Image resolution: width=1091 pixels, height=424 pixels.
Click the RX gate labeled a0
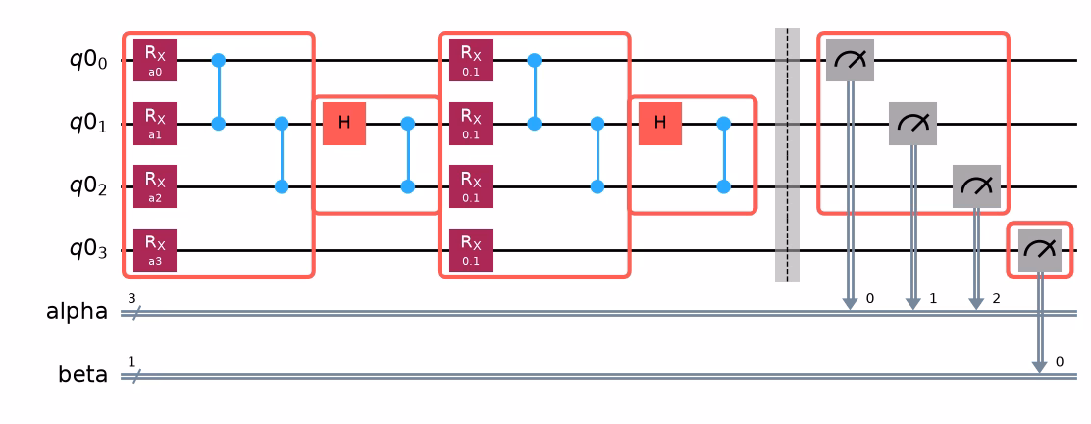[x=155, y=61]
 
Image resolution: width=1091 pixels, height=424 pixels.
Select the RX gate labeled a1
[x=155, y=124]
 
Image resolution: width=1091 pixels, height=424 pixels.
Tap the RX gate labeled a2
[x=155, y=187]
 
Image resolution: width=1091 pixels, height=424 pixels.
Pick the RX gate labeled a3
[x=155, y=250]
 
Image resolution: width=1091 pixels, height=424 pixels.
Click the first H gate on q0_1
[x=344, y=124]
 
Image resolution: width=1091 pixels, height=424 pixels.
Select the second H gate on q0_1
[x=660, y=124]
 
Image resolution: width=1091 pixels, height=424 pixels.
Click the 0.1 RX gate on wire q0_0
[x=471, y=61]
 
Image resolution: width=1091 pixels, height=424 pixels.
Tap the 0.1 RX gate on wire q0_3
[x=471, y=250]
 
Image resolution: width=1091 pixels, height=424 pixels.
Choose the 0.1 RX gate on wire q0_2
[x=471, y=187]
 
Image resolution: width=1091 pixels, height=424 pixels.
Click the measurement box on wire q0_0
[x=850, y=61]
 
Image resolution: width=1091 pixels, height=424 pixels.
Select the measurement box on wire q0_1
[x=912, y=124]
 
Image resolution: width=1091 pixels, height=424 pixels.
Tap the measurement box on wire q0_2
[x=976, y=187]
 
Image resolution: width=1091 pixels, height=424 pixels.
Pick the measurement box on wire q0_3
[x=1040, y=250]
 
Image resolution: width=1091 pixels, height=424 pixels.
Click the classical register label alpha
[x=77, y=313]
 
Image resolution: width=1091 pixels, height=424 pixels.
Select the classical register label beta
[x=81, y=375]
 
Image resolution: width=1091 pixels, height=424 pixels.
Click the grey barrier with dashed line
[x=787, y=155]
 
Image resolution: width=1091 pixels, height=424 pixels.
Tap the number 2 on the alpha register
[x=996, y=299]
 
